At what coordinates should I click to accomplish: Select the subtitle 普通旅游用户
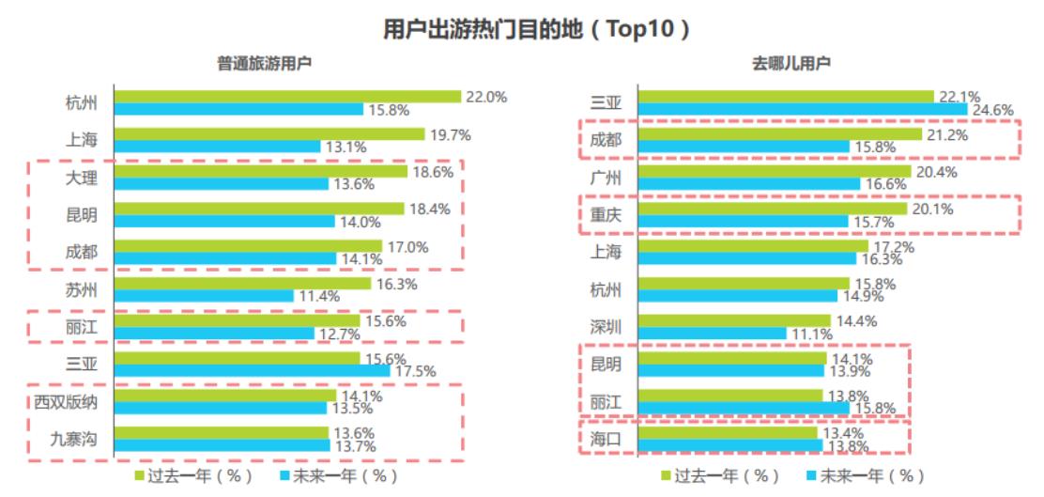[265, 64]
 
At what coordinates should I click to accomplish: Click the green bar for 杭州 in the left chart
[287, 97]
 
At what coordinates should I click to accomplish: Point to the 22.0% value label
[486, 97]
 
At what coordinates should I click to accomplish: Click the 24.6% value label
[992, 110]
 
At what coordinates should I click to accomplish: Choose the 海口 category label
[606, 439]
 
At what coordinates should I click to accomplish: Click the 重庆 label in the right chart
[606, 215]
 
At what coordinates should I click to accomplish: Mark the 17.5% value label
[415, 371]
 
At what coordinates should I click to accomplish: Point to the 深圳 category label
[606, 327]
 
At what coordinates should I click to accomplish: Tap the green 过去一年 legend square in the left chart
[140, 476]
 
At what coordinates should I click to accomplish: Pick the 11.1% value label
[812, 334]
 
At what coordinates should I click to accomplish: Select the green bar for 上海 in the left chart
[269, 134]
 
